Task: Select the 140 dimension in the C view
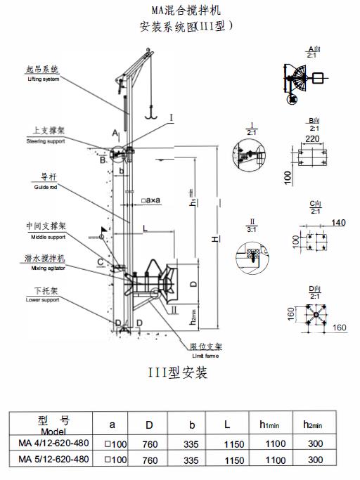(x=338, y=222)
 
